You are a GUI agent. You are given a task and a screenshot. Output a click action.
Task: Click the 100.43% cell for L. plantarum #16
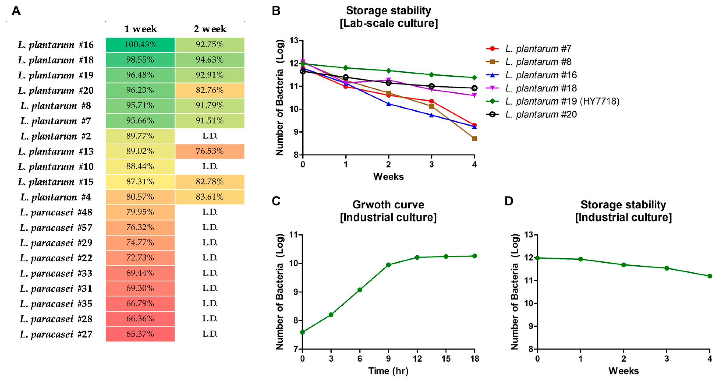(x=140, y=45)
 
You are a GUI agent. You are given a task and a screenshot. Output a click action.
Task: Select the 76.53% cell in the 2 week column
(x=210, y=151)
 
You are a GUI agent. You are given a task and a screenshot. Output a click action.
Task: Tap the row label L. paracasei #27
(x=56, y=334)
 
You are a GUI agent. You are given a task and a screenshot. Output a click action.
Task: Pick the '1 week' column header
(x=140, y=29)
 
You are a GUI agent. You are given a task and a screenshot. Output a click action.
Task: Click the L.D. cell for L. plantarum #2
(x=210, y=136)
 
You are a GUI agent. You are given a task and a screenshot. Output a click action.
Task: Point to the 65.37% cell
(x=140, y=334)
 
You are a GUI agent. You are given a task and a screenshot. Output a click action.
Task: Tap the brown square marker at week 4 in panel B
(x=474, y=139)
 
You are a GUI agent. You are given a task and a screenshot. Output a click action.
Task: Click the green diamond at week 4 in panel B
(x=474, y=77)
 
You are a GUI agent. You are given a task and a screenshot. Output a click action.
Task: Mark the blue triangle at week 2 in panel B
(x=389, y=104)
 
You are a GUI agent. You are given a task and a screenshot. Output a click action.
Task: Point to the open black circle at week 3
(x=432, y=86)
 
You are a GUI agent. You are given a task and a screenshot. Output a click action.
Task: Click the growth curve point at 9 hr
(x=388, y=265)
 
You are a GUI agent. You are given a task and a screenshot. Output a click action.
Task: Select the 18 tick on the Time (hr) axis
(x=475, y=359)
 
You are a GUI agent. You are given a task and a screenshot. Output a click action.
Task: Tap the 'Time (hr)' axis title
(x=388, y=371)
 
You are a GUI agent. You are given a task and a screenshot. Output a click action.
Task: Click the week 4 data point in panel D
(x=710, y=276)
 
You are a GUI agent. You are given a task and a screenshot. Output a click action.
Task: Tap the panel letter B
(x=276, y=11)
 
